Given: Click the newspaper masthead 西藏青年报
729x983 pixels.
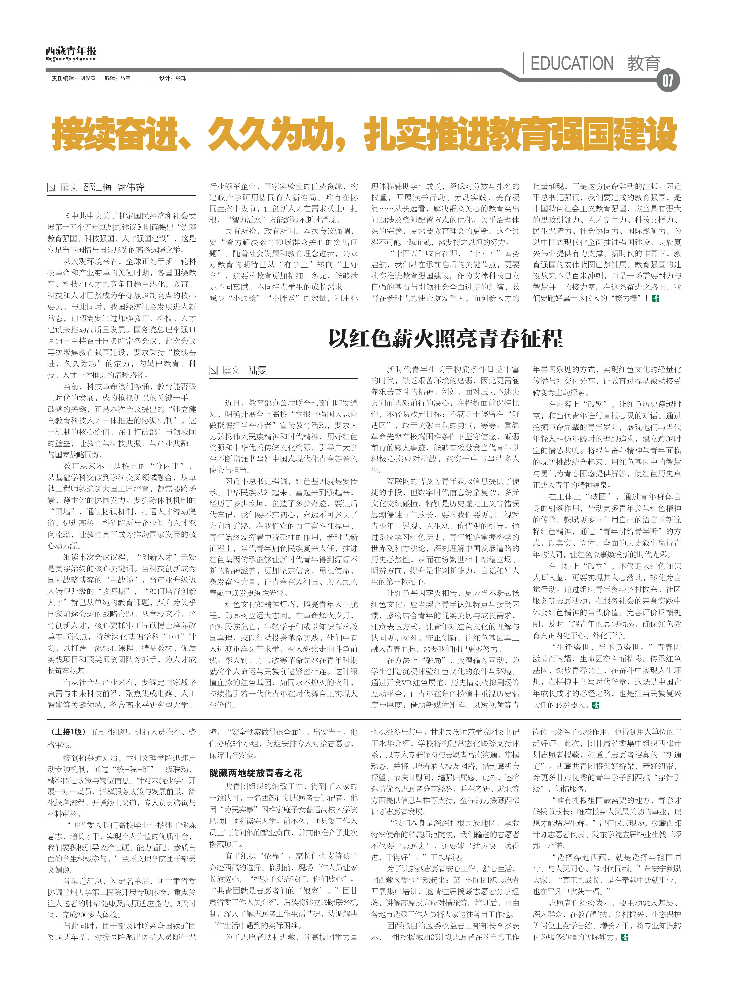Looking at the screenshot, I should (71, 51).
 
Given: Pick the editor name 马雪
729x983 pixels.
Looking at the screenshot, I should (125, 78).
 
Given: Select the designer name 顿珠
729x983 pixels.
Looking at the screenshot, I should (181, 78).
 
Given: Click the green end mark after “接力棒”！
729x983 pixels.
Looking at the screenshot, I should (656, 298).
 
